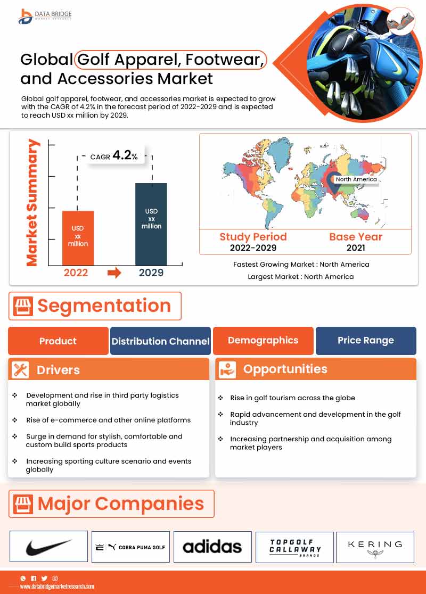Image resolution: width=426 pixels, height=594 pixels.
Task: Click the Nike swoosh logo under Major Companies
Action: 48,546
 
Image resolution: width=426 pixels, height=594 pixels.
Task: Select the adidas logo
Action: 212,547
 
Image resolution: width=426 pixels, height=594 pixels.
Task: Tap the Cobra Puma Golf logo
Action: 130,547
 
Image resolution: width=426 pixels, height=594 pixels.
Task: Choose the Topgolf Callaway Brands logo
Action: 294,547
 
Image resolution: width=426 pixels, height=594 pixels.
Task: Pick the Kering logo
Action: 375,547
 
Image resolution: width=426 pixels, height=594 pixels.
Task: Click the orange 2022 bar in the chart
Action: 78,238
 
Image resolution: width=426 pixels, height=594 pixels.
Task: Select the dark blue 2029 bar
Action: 151,224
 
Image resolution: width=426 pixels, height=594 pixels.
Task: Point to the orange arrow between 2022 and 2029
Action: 114,273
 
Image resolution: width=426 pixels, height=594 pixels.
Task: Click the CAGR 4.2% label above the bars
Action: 114,156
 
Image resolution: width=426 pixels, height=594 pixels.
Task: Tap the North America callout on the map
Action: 356,179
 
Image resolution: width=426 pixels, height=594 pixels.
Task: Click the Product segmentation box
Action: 58,341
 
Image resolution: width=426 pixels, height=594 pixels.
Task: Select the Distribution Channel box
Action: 160,341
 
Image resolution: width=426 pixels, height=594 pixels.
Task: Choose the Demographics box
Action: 263,340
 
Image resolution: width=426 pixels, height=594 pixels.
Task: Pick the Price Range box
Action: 366,340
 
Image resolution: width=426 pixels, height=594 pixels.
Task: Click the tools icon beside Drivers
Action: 20,370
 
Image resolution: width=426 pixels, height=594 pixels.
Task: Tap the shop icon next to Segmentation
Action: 22,306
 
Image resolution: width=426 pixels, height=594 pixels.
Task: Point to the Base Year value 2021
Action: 355,248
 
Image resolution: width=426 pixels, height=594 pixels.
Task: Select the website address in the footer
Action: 57,586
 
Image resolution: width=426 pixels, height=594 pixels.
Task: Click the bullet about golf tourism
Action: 292,398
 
